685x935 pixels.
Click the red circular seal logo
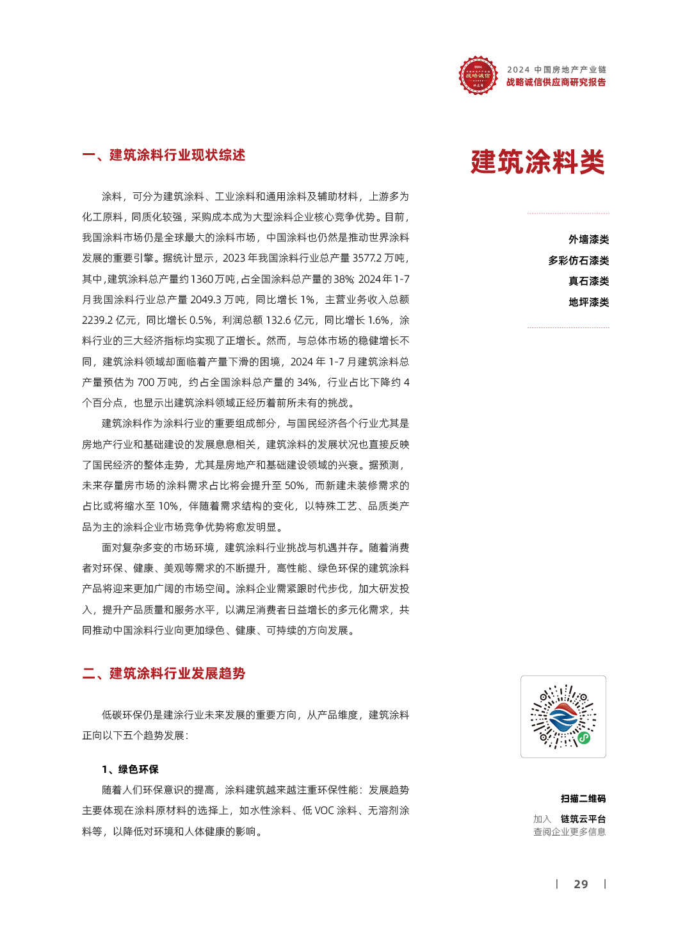[x=478, y=76]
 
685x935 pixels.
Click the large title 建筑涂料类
[x=537, y=161]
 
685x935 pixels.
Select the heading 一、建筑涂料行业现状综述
[x=164, y=155]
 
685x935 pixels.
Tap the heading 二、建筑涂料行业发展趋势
[x=164, y=673]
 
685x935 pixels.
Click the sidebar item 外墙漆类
[x=588, y=239]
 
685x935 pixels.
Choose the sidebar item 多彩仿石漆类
[x=578, y=260]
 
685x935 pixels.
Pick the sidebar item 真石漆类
[x=588, y=281]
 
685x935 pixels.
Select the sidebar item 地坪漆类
[x=588, y=302]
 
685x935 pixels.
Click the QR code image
[x=563, y=716]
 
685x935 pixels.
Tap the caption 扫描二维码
[x=583, y=798]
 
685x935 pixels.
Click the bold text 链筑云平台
[x=583, y=819]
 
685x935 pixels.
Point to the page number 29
[x=581, y=884]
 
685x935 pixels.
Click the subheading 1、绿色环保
[x=130, y=769]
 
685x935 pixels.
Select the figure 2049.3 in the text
[x=211, y=299]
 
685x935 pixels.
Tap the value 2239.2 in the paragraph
[x=97, y=320]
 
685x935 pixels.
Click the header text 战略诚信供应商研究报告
[x=556, y=82]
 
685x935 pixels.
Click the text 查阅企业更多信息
[x=569, y=832]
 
